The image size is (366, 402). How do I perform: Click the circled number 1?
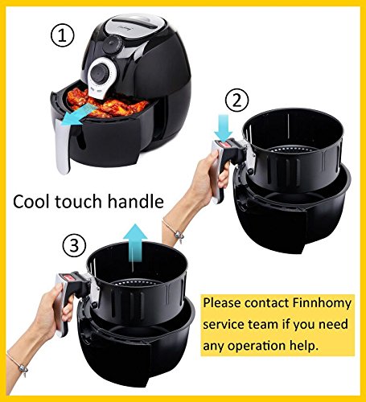[x=62, y=35]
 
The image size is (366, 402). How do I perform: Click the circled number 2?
[x=236, y=100]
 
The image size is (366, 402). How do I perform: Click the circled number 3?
[x=74, y=245]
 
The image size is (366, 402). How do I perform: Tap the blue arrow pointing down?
[x=223, y=127]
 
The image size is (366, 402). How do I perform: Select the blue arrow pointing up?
[x=135, y=243]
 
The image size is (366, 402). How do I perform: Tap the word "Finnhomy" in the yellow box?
[x=322, y=304]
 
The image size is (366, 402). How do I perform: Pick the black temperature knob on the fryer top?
[x=112, y=45]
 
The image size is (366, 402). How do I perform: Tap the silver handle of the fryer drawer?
[x=63, y=146]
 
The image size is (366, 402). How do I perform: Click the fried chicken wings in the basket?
[x=107, y=105]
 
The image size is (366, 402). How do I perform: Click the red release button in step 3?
[x=72, y=277]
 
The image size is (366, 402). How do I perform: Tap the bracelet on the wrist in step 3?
[x=19, y=364]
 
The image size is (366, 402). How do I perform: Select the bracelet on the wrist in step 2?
[x=175, y=231]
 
